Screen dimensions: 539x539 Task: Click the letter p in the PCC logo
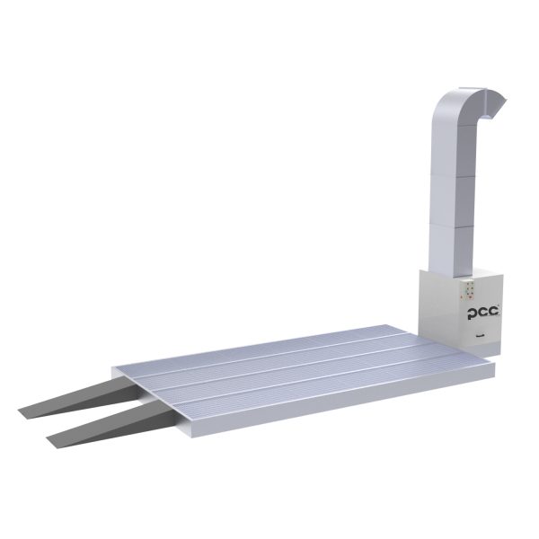pyautogui.click(x=472, y=314)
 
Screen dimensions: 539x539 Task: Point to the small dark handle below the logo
pyautogui.click(x=478, y=337)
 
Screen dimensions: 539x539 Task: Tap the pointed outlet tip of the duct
pyautogui.click(x=506, y=100)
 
